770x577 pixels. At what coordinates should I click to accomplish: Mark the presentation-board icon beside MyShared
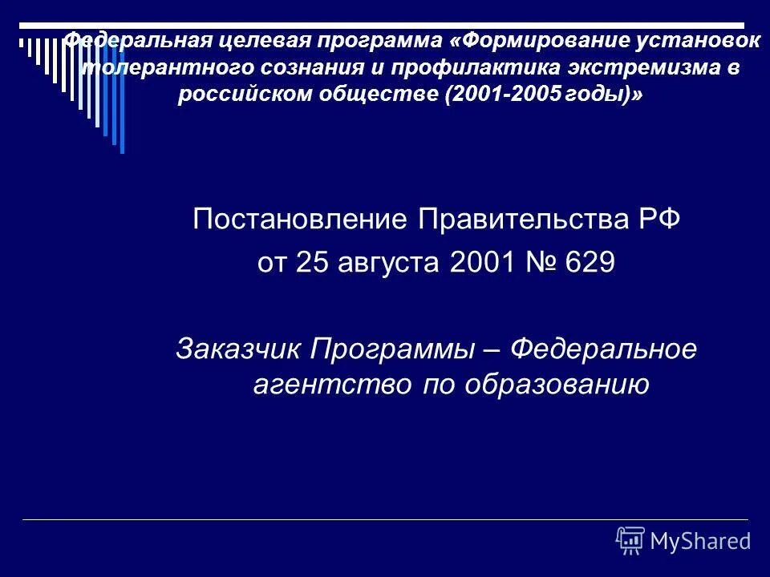(x=630, y=541)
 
